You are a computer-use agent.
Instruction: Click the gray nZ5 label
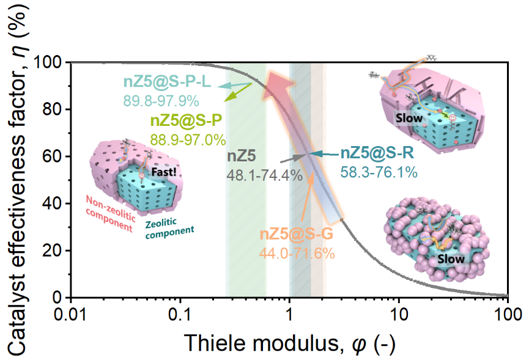[240, 156]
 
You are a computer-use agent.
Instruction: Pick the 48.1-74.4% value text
[265, 175]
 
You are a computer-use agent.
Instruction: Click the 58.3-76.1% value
[379, 173]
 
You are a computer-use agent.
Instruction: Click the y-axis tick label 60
[54, 156]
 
